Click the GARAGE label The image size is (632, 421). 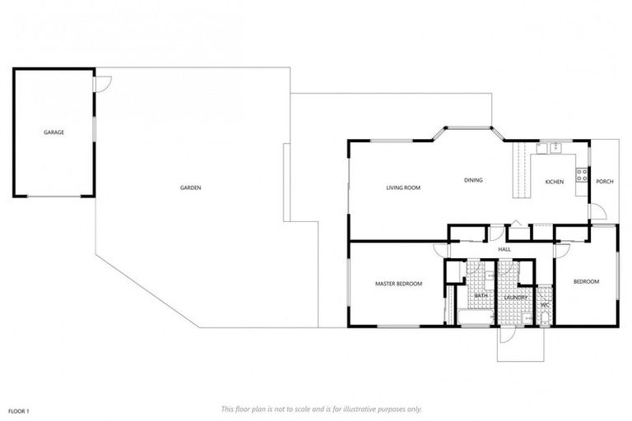tap(54, 132)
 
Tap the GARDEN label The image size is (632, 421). tap(191, 187)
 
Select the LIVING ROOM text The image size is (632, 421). tap(403, 187)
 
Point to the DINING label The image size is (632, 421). tap(473, 180)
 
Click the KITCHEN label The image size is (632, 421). tap(555, 182)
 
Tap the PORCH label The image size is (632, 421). tap(604, 182)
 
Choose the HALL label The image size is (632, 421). tap(504, 249)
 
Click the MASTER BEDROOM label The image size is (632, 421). tap(398, 284)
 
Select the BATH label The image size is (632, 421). tap(481, 295)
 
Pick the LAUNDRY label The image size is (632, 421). tap(515, 296)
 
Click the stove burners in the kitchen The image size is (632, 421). tap(581, 174)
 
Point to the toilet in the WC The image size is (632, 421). tap(545, 317)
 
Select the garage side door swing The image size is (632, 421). tap(103, 83)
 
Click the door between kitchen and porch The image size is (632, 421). tap(597, 211)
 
